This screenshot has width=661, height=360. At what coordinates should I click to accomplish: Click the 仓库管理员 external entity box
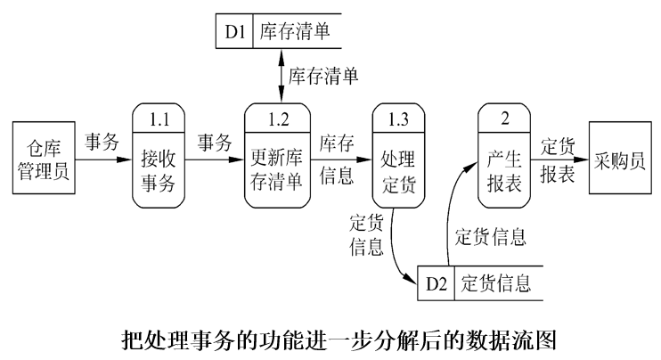point(42,161)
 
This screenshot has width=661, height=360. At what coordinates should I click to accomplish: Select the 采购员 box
point(620,161)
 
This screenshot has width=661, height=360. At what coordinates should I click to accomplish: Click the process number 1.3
point(397,118)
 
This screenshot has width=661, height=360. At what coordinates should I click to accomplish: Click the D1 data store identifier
point(234,33)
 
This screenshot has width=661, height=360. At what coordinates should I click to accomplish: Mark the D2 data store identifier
point(437,284)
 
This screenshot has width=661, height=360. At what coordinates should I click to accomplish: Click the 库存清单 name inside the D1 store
point(295,33)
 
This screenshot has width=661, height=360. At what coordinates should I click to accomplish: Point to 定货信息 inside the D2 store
point(495,284)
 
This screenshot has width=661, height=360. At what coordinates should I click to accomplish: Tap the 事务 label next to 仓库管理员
point(102,142)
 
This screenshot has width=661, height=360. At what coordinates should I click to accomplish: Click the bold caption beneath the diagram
point(330,340)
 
